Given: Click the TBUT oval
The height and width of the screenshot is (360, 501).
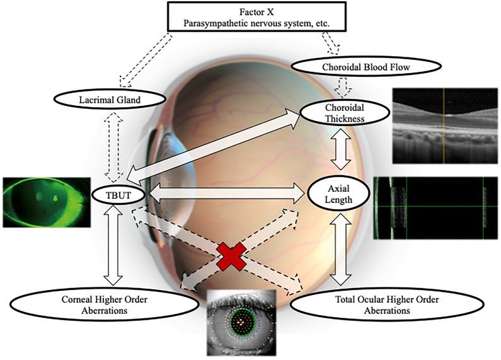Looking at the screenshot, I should pos(119,194).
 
